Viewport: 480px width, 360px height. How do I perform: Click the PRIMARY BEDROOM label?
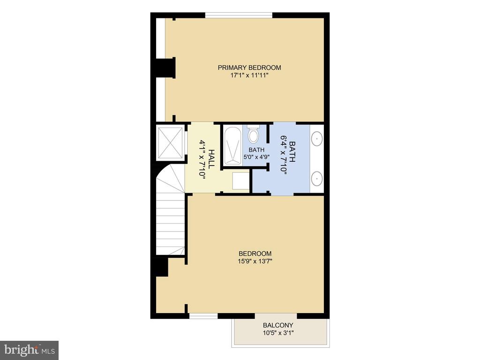pyautogui.click(x=249, y=67)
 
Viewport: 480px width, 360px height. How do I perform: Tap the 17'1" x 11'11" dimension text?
pyautogui.click(x=249, y=75)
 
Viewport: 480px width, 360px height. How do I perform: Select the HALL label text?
pyautogui.click(x=211, y=158)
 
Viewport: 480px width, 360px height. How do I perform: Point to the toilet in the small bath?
pyautogui.click(x=253, y=134)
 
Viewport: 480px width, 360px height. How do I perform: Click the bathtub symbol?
pyautogui.click(x=232, y=146)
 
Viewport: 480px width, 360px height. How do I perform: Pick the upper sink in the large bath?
pyautogui.click(x=317, y=139)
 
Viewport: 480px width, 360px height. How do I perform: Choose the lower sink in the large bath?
pyautogui.click(x=317, y=178)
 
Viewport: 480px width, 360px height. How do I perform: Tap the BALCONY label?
pyautogui.click(x=278, y=325)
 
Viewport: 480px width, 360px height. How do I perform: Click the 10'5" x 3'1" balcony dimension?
pyautogui.click(x=278, y=333)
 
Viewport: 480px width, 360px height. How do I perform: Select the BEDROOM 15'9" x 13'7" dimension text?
pyautogui.click(x=255, y=262)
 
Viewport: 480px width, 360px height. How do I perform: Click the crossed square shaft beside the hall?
pyautogui.click(x=171, y=142)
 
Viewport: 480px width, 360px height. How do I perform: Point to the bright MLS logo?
pyautogui.click(x=30, y=349)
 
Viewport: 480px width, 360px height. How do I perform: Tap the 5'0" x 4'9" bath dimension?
pyautogui.click(x=256, y=157)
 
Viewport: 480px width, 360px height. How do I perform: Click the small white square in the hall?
pyautogui.click(x=241, y=181)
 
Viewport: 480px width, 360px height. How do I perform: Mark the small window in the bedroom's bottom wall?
pyautogui.click(x=203, y=316)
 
